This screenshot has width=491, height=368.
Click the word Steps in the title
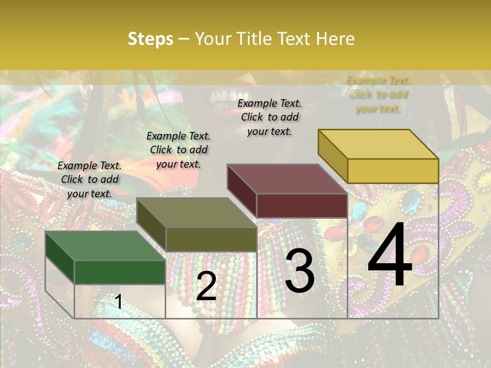(150, 39)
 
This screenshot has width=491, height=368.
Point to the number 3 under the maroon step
(299, 270)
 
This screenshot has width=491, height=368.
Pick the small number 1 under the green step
(119, 302)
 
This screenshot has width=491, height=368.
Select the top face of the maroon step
(287, 179)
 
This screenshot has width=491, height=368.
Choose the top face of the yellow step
(378, 144)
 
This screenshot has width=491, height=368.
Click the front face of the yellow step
(393, 171)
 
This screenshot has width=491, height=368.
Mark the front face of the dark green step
(120, 272)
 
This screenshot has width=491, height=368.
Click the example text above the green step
(90, 179)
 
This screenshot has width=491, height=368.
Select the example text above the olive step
(178, 150)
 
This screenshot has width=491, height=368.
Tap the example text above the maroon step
(270, 117)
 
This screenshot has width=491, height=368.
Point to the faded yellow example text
(378, 94)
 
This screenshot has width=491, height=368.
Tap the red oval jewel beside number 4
(373, 224)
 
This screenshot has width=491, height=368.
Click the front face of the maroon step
(302, 205)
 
